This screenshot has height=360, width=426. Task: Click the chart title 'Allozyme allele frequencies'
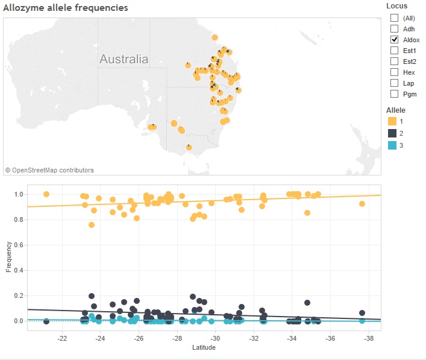66,8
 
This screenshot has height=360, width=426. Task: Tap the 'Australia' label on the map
124,59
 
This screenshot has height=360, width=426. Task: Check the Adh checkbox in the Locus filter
394,28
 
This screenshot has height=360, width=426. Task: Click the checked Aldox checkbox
394,39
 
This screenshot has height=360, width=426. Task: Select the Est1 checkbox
394,50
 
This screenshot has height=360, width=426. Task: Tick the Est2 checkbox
394,61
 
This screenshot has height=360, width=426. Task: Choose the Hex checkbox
394,72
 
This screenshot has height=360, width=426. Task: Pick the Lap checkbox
394,83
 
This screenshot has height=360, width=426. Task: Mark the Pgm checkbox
394,93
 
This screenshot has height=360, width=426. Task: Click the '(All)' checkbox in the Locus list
394,17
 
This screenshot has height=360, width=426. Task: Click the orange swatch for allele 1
392,122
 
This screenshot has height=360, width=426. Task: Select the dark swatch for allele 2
392,133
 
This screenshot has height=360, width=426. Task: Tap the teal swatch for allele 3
392,145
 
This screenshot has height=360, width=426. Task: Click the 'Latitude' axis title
204,347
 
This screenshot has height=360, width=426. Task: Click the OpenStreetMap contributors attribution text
49,170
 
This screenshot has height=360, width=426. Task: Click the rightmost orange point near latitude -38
362,204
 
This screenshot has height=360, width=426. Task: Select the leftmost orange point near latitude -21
46,194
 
